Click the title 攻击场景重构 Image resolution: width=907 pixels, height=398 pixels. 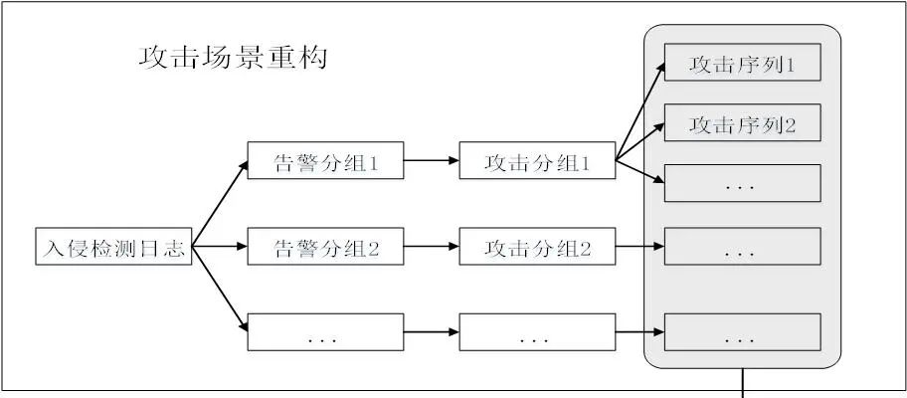(x=233, y=58)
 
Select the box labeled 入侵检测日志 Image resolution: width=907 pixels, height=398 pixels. (x=112, y=248)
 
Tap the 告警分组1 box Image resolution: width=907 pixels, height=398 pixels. (x=326, y=162)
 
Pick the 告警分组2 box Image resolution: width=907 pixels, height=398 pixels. (x=326, y=248)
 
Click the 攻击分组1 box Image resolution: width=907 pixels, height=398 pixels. (x=538, y=162)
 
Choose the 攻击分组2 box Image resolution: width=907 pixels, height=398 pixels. (x=538, y=248)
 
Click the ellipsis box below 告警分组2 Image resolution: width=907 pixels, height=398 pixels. (x=326, y=331)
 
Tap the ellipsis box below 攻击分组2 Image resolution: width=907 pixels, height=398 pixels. (x=538, y=331)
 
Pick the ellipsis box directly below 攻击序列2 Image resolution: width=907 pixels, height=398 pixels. (x=742, y=183)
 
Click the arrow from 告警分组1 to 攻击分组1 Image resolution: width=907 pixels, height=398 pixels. (x=432, y=162)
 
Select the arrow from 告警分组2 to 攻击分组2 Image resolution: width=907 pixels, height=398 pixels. (x=432, y=248)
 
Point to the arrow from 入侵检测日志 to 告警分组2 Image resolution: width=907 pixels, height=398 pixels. (x=219, y=248)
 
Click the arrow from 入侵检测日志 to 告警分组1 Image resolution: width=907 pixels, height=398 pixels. (x=219, y=205)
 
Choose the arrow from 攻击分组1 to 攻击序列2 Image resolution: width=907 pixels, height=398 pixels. (x=639, y=142)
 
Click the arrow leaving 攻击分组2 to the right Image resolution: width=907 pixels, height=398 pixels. (x=639, y=248)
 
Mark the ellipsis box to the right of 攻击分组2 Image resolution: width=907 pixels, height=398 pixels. (x=742, y=248)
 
